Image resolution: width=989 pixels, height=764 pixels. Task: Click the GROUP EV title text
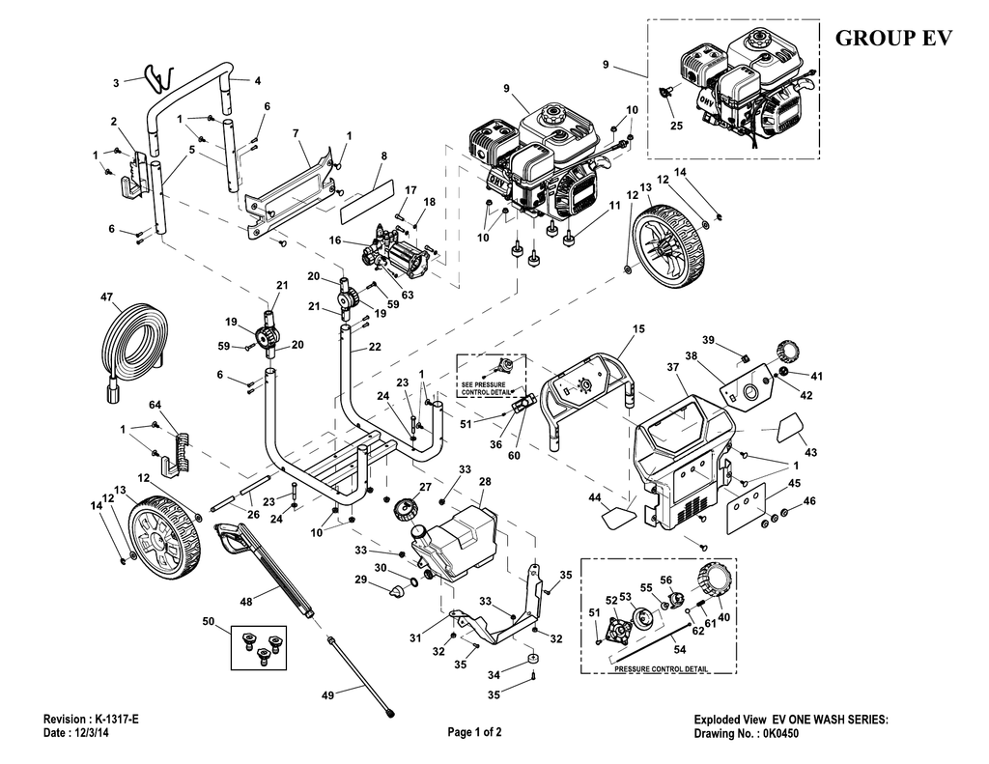(x=892, y=39)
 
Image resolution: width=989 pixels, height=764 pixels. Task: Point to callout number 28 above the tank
(x=485, y=481)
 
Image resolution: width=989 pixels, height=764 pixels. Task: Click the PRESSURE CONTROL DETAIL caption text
(x=662, y=668)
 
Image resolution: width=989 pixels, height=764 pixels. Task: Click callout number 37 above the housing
(x=671, y=366)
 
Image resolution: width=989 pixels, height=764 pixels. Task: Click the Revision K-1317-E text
(x=92, y=720)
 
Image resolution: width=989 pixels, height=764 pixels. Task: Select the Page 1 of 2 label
(x=474, y=732)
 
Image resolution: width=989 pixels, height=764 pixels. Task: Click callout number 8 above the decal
(x=383, y=156)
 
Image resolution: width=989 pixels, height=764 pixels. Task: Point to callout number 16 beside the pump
(x=336, y=240)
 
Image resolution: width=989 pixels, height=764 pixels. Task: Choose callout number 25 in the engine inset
(x=674, y=126)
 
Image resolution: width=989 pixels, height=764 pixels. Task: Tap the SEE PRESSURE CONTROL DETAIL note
(x=491, y=388)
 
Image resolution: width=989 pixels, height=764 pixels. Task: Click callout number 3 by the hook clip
(x=115, y=83)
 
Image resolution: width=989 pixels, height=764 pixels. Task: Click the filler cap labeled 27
(x=405, y=505)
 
